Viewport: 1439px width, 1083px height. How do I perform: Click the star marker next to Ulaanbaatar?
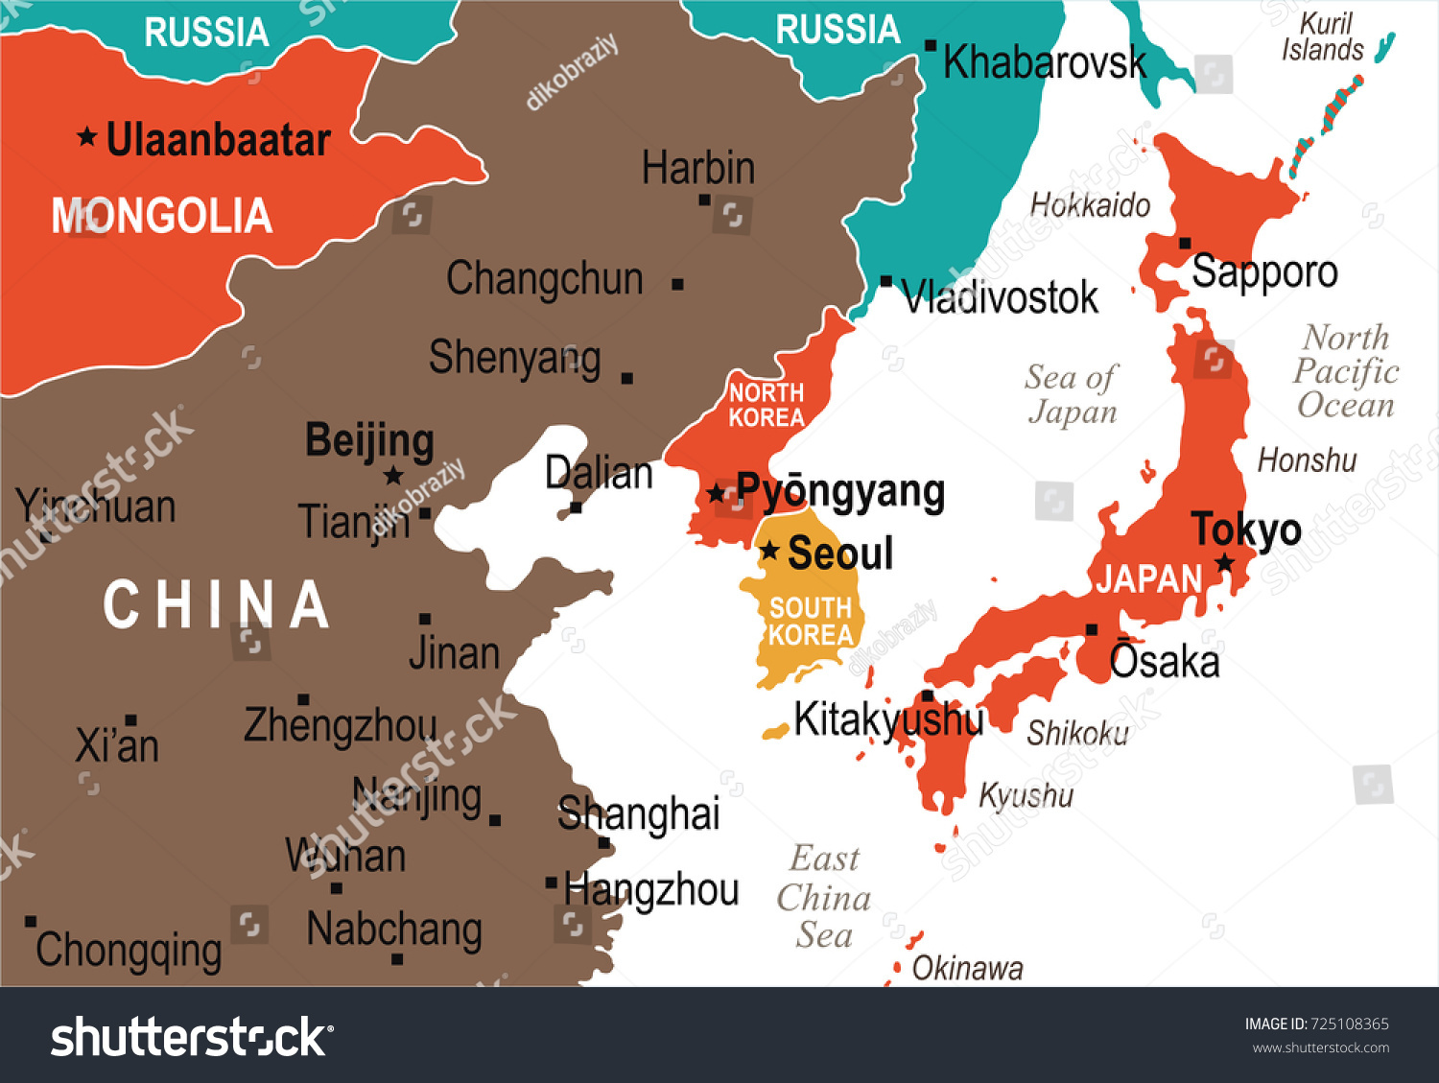point(87,137)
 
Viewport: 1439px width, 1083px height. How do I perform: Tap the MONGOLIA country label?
point(161,216)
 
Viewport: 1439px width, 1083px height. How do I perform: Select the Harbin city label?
point(697,168)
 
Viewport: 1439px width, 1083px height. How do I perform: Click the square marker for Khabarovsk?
point(931,46)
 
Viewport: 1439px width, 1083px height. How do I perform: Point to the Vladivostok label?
point(1000,297)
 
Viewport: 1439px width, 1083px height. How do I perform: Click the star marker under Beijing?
point(393,476)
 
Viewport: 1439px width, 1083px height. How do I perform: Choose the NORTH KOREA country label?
point(766,405)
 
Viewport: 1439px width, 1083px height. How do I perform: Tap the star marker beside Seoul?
point(769,552)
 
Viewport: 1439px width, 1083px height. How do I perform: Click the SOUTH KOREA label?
point(811,622)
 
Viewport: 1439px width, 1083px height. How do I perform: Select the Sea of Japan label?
point(1072,394)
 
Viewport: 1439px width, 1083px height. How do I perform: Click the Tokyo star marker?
point(1225,563)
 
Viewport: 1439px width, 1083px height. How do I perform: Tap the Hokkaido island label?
point(1090,204)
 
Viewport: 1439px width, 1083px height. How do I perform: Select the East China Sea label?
point(824,897)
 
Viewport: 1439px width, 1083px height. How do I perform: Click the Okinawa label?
point(967,969)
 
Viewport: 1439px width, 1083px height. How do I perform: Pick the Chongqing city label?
point(129,951)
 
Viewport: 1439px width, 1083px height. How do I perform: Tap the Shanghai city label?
point(638,813)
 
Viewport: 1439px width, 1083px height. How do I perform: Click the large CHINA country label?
point(217,605)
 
